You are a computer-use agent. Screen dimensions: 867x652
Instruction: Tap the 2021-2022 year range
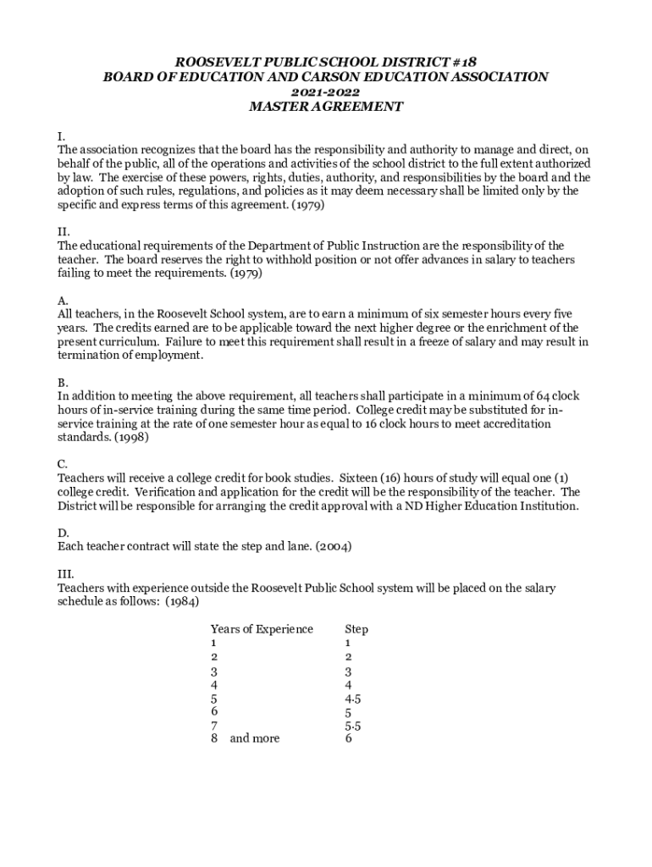click(325, 91)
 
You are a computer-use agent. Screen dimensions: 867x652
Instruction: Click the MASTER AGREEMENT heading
click(325, 107)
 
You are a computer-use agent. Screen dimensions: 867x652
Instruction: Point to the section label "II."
click(64, 232)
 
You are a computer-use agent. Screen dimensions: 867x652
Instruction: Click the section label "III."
click(65, 574)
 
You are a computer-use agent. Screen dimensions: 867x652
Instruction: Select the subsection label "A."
click(63, 301)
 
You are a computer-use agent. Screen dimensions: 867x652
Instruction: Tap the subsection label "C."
click(63, 464)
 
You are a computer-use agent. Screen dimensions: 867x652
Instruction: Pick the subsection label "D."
click(63, 533)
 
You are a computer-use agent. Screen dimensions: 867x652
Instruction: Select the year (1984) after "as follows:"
click(184, 601)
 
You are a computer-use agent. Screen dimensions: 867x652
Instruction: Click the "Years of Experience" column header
click(262, 629)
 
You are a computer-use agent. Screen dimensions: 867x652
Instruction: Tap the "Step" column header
click(356, 629)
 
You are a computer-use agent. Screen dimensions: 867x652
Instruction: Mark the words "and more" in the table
click(254, 738)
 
